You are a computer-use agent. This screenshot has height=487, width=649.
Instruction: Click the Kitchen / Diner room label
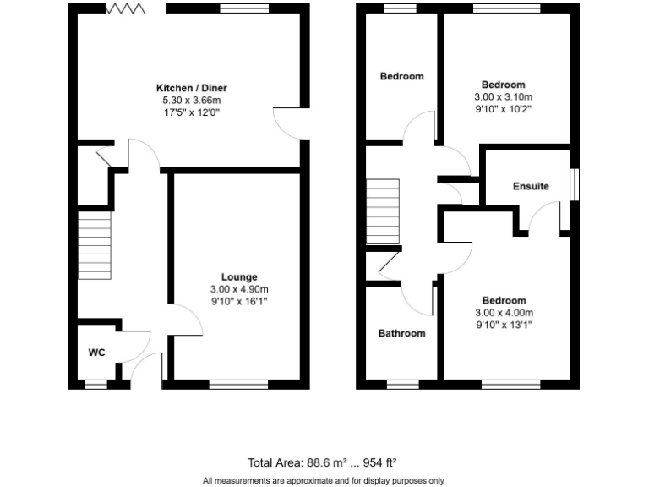(191, 88)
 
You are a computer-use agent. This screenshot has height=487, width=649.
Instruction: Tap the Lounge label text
(239, 276)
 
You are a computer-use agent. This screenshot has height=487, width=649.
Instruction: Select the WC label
(96, 353)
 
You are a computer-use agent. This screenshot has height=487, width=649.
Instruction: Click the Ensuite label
(531, 186)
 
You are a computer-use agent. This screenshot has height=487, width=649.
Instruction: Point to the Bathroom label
(401, 333)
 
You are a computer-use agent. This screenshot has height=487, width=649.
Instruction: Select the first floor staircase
(382, 211)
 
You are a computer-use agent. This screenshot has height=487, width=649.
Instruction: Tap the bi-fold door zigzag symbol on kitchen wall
(127, 8)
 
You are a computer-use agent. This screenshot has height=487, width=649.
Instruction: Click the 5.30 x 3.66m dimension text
(191, 100)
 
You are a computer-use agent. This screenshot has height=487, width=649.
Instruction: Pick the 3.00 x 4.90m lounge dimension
(239, 288)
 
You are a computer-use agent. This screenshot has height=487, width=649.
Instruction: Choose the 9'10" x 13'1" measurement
(504, 324)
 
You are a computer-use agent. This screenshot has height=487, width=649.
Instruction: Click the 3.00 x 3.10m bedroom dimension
(503, 96)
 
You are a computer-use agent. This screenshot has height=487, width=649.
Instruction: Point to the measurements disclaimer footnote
(324, 480)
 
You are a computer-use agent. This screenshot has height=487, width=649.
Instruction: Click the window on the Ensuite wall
(575, 185)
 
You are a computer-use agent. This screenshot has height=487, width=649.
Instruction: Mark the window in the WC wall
(96, 385)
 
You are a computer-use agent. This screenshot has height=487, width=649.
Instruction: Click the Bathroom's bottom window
(401, 385)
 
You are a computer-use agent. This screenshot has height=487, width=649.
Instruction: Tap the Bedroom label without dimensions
(401, 77)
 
